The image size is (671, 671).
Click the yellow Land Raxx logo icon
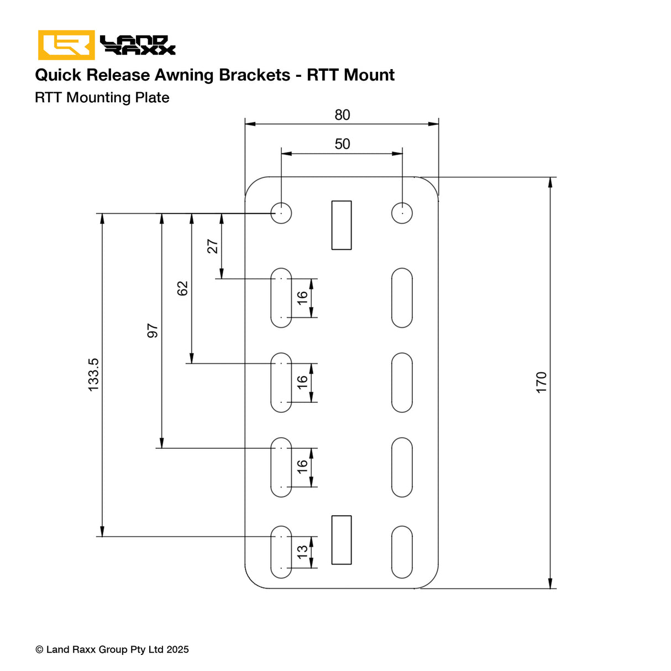point(66,45)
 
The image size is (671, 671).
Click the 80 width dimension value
point(342,115)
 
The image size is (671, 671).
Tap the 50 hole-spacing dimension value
point(342,144)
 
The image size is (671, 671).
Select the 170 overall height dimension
point(541,382)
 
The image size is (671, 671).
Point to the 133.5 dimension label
point(94,375)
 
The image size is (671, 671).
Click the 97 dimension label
point(153,331)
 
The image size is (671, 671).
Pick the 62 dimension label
point(183,288)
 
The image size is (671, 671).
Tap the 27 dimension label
point(213,246)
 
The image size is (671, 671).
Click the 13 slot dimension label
point(302,552)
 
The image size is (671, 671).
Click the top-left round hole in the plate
point(281,213)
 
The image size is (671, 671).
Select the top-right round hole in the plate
point(402,213)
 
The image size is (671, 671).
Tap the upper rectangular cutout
point(342,225)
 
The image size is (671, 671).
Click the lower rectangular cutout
point(342,540)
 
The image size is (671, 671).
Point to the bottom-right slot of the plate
point(402,552)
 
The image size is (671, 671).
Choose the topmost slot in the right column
point(402,298)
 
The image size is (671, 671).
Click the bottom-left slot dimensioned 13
point(281,552)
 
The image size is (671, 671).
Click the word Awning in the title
point(184,75)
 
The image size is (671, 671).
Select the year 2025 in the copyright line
point(177,649)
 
